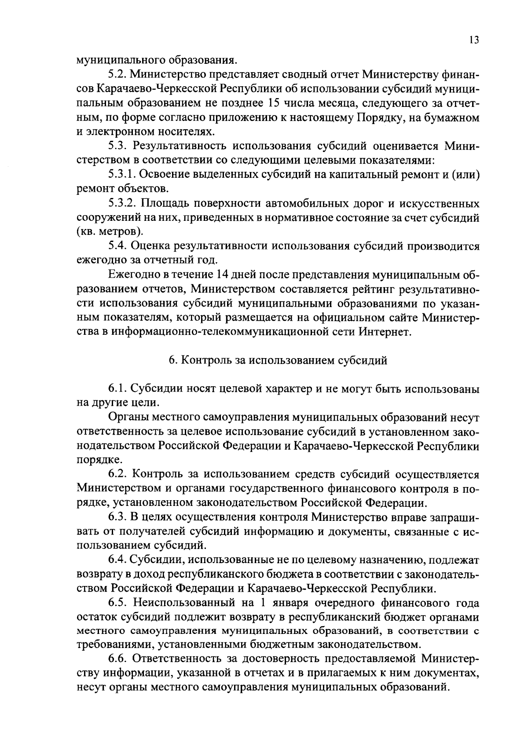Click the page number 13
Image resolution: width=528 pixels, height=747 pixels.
pos(474,40)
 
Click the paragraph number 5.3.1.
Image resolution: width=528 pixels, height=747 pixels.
pos(122,175)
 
